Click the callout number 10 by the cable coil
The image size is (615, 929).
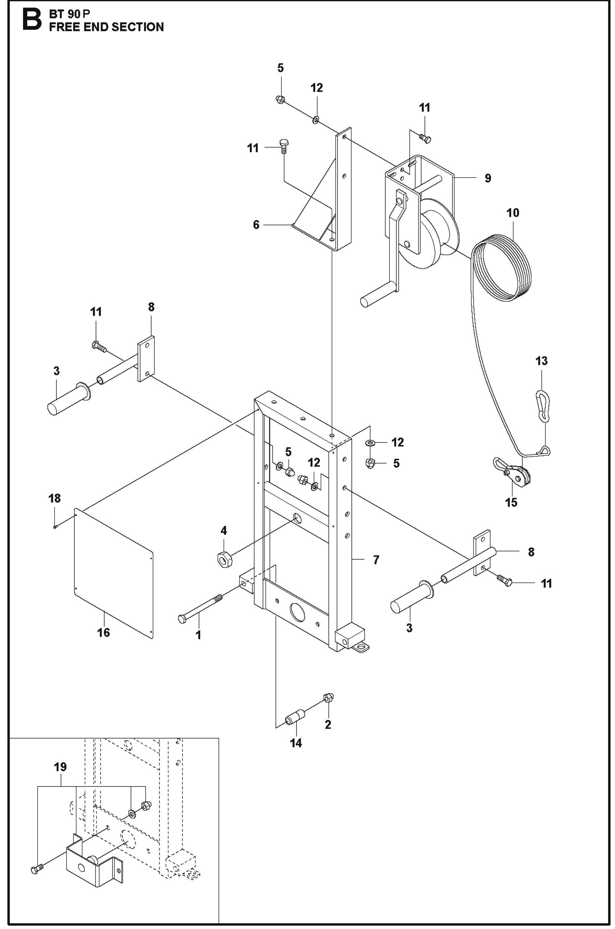click(x=513, y=213)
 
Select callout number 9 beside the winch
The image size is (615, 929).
click(x=488, y=178)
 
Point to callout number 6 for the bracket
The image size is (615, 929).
click(x=256, y=225)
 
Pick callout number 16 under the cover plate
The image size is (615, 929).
click(x=103, y=633)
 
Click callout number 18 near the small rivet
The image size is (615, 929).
click(x=55, y=498)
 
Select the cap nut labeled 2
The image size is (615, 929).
click(x=328, y=697)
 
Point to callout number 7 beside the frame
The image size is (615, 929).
click(x=376, y=559)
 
